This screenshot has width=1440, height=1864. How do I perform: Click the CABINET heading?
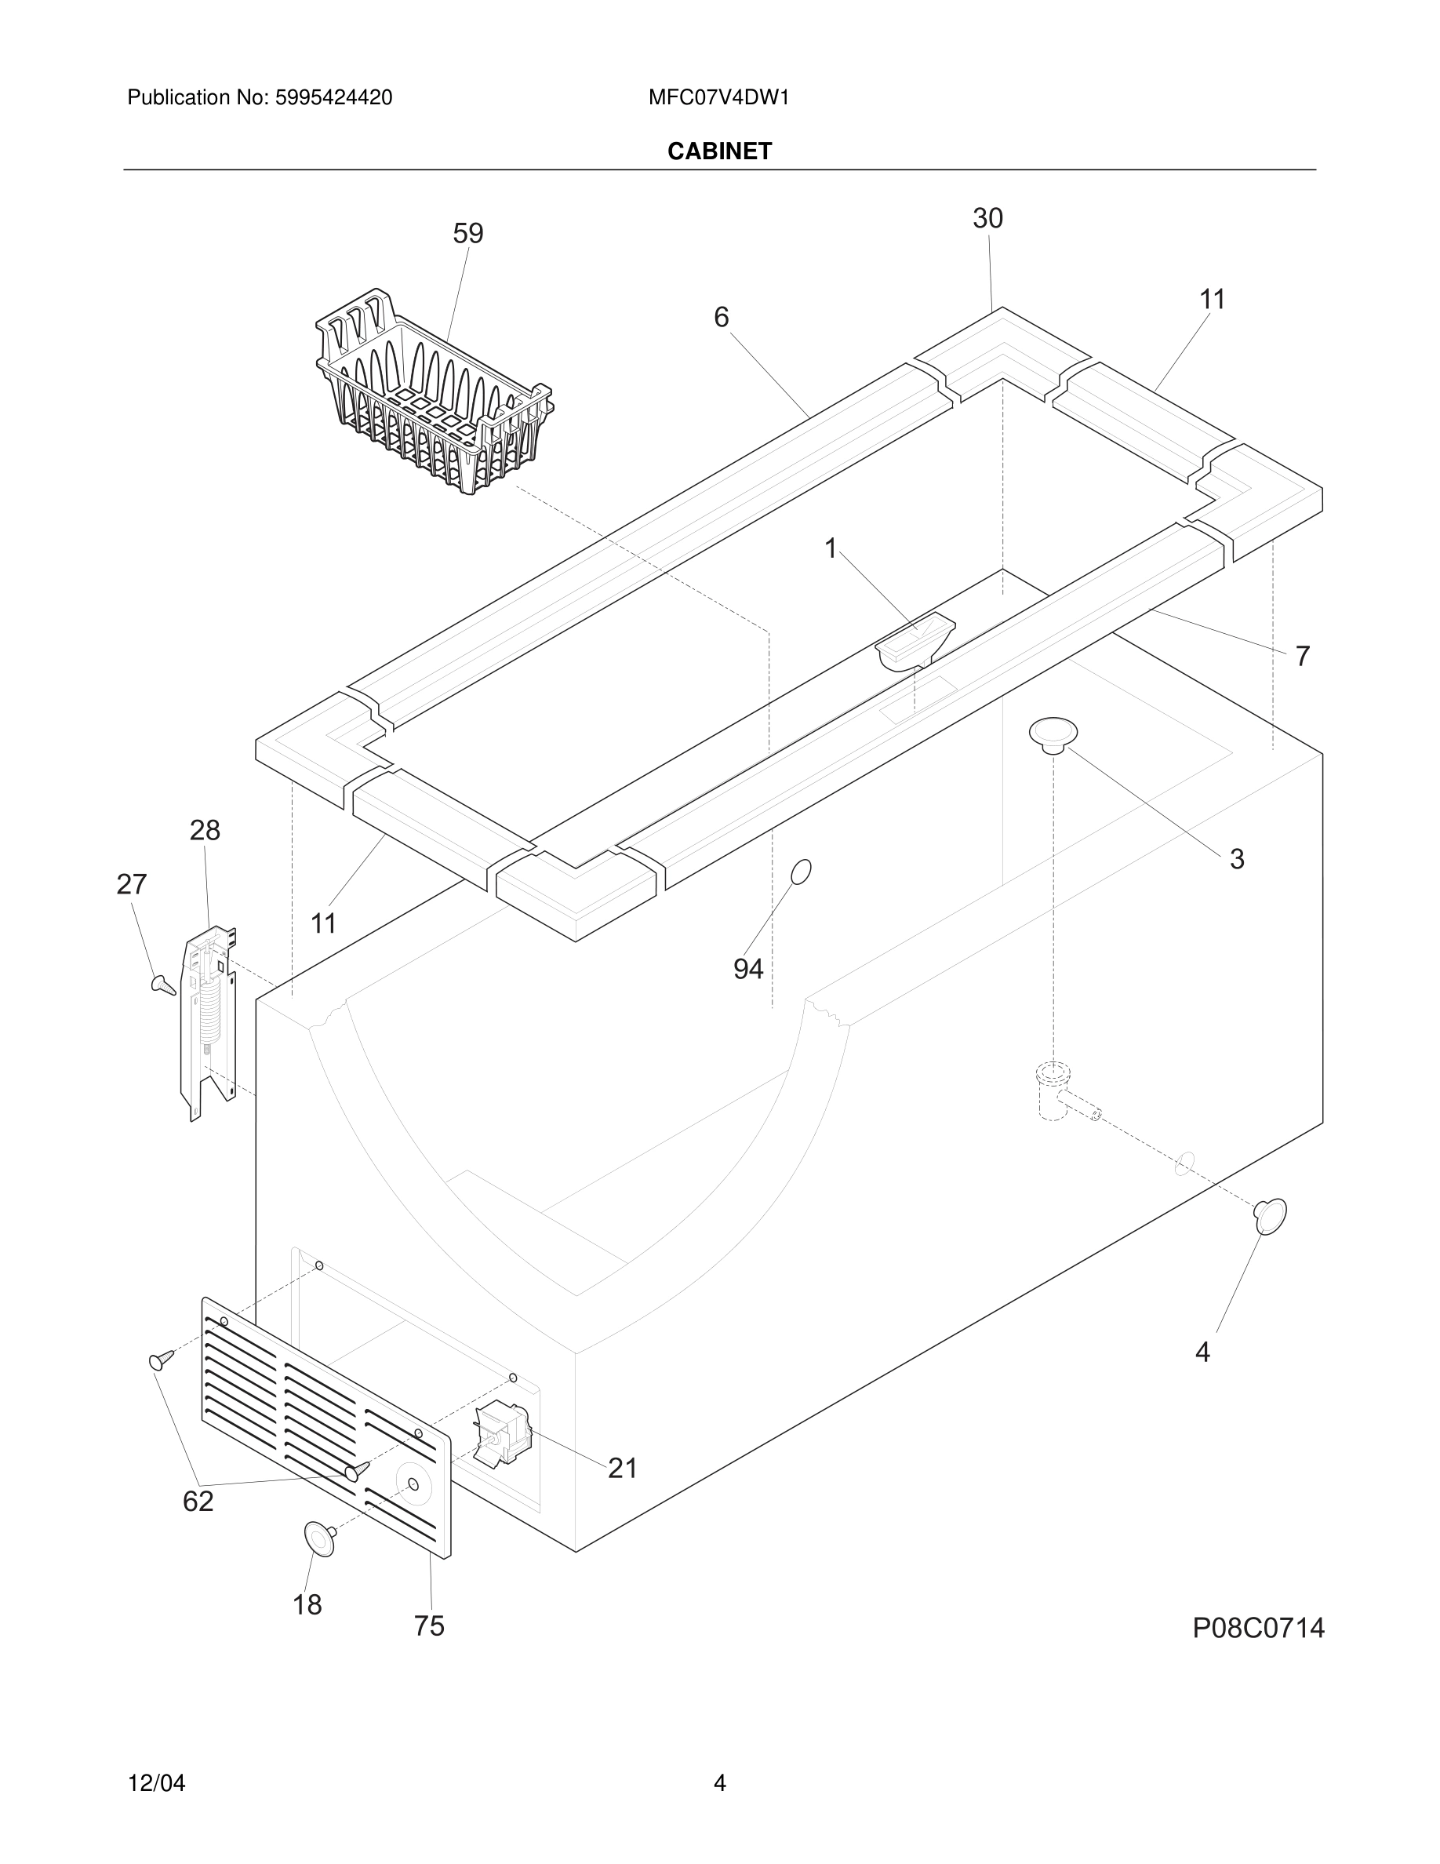[719, 151]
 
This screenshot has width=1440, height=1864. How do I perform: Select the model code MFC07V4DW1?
[718, 98]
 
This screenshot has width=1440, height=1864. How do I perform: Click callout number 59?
[468, 234]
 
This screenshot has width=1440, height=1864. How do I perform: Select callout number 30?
[988, 220]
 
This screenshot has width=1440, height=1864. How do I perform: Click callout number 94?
[748, 969]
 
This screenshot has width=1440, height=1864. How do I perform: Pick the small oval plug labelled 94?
[801, 872]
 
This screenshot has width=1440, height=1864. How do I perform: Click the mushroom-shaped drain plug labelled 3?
[1053, 736]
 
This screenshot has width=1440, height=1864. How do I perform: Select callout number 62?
[198, 1502]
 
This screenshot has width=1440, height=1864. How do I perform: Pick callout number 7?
[1302, 657]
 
